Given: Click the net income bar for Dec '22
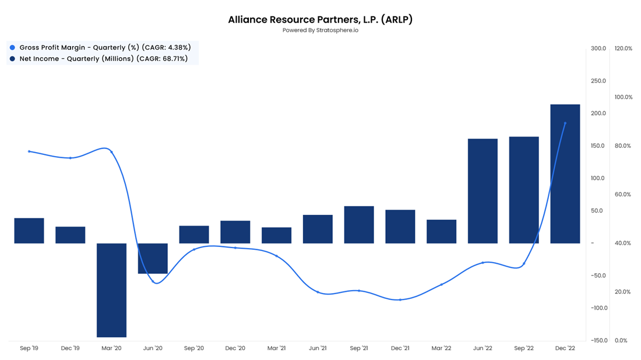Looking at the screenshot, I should click(565, 174).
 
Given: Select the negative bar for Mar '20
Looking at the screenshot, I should click(111, 290).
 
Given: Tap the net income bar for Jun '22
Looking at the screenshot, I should click(482, 190).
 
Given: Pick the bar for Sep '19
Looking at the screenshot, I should click(29, 231).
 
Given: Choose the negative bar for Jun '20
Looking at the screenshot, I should click(153, 258).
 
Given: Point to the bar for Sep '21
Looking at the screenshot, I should click(359, 225).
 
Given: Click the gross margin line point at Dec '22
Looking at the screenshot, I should click(565, 123).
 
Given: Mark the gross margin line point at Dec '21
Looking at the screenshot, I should click(400, 299).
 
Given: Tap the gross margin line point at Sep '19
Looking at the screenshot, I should click(29, 151).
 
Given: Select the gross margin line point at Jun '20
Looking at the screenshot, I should click(153, 281).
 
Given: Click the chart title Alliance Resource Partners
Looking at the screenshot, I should click(320, 19).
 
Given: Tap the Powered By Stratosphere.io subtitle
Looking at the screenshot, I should click(320, 30).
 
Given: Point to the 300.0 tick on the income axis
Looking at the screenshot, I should click(598, 48).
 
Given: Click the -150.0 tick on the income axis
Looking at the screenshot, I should click(597, 340).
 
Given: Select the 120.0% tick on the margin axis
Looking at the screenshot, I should click(623, 48).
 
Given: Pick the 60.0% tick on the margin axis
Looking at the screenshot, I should click(623, 195).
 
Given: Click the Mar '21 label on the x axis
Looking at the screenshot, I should click(276, 348).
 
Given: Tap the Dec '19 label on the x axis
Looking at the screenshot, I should click(71, 348).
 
